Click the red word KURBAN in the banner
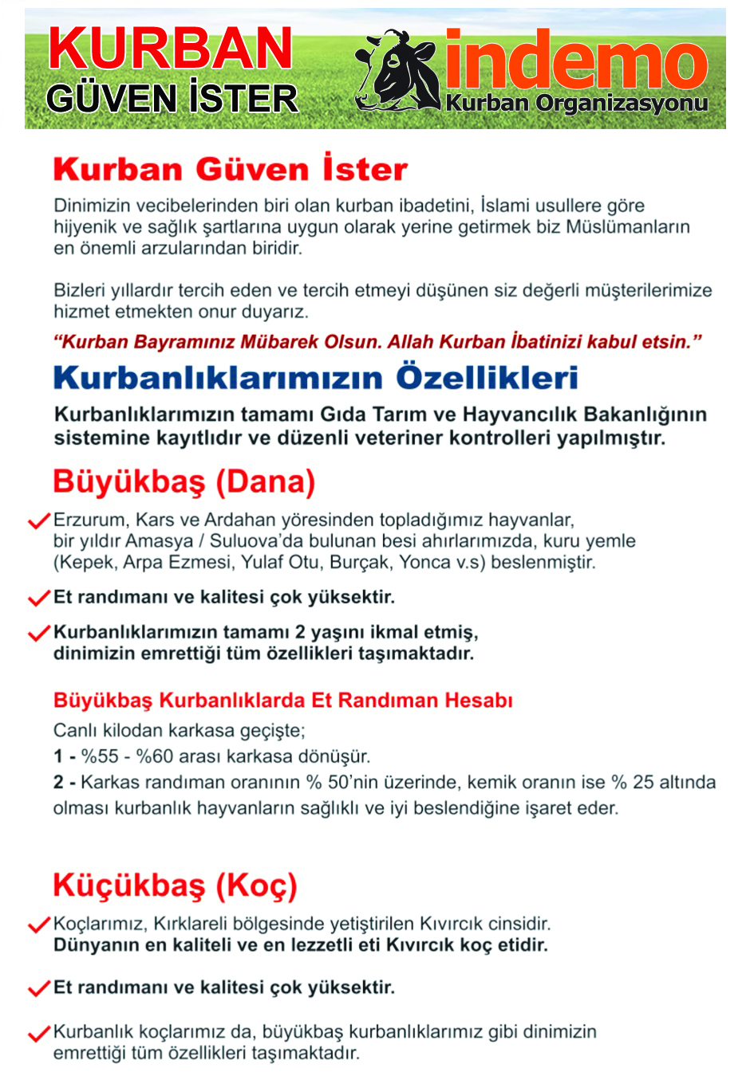tap(171, 49)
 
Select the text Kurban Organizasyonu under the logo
tap(577, 104)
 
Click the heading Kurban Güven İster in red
tap(230, 170)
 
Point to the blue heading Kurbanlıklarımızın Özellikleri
tap(316, 378)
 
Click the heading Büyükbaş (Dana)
tap(184, 482)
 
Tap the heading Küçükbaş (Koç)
tap(175, 886)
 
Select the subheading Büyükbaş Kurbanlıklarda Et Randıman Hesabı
tap(282, 701)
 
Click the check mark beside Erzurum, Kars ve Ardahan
tap(39, 521)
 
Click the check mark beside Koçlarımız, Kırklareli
tap(39, 925)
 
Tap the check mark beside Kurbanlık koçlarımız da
tap(39, 1034)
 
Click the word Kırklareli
tap(191, 925)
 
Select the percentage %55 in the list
tap(99, 756)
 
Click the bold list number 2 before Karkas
tap(58, 782)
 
